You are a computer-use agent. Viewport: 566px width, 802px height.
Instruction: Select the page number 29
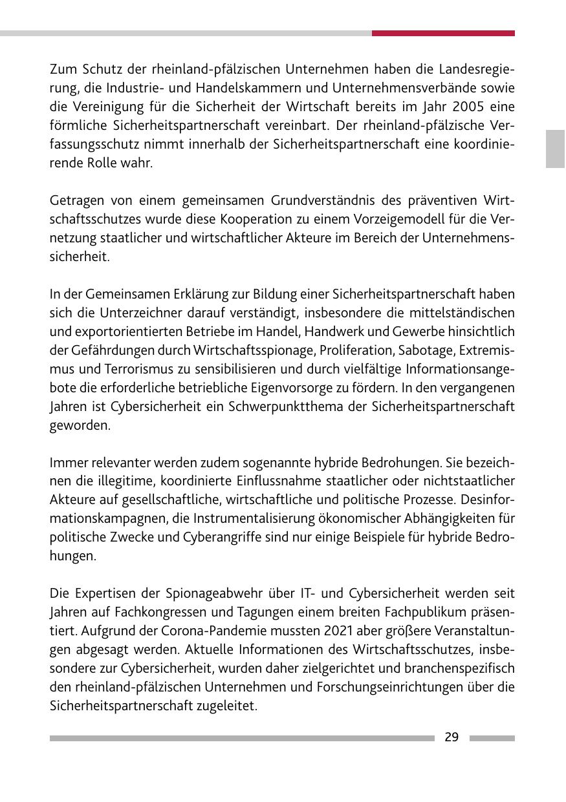[x=452, y=737]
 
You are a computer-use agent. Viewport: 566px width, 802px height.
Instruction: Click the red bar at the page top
[x=443, y=33]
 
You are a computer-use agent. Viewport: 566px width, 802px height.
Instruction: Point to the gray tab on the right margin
[x=555, y=149]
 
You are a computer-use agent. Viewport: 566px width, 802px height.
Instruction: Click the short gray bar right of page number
[x=492, y=738]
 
